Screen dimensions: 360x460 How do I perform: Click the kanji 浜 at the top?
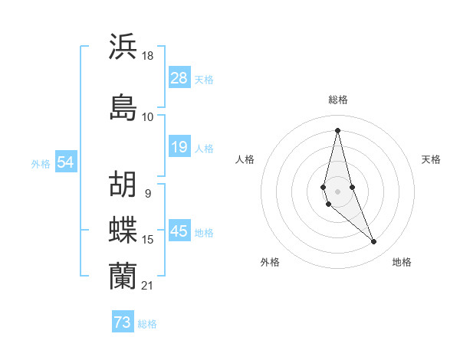click(123, 46)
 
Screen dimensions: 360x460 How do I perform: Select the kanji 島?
click(123, 106)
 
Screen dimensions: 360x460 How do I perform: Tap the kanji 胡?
click(123, 184)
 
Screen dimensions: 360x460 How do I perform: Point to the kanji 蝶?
click(123, 229)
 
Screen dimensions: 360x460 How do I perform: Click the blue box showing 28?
click(179, 78)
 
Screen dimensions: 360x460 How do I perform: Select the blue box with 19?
click(179, 147)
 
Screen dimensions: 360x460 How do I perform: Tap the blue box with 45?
click(179, 231)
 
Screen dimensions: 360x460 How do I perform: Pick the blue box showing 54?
click(65, 162)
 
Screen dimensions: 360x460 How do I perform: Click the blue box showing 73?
click(123, 322)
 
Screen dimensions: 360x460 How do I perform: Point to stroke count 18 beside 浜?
click(148, 56)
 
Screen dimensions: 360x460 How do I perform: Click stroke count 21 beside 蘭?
click(148, 285)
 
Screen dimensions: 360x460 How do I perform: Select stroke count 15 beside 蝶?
click(148, 240)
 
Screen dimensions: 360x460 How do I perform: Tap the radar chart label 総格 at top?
click(338, 100)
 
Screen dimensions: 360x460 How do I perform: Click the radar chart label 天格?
click(431, 159)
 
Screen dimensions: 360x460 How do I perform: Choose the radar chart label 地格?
click(402, 262)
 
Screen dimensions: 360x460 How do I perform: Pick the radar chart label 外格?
click(270, 262)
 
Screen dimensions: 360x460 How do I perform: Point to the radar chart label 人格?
click(245, 159)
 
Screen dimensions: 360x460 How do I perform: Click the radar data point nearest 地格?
click(374, 242)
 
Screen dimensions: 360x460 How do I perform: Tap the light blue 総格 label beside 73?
click(147, 324)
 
